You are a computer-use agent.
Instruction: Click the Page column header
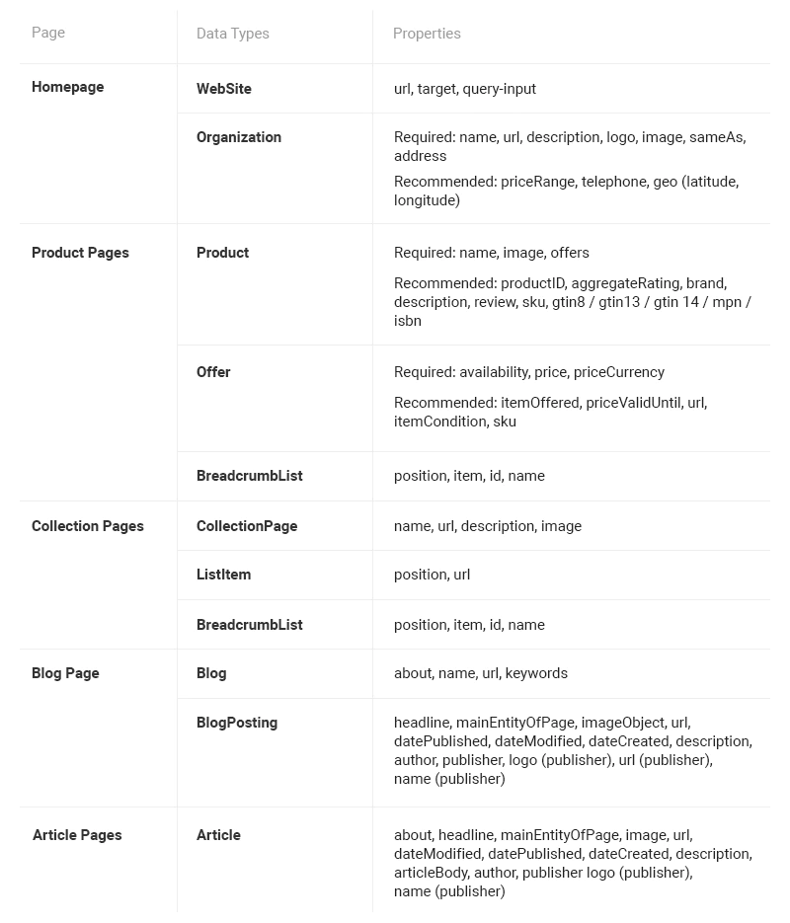coord(48,33)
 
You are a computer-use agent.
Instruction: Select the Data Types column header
coord(233,34)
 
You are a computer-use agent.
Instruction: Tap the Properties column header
coord(427,34)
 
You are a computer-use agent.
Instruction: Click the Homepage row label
coord(67,87)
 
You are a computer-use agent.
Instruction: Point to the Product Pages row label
coord(80,253)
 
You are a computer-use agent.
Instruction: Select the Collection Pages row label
coord(88,526)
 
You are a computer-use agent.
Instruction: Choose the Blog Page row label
coord(65,673)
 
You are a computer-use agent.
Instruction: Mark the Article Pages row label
coord(77,835)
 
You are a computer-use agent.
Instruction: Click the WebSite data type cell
coord(224,89)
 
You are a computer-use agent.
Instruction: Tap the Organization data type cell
coord(239,137)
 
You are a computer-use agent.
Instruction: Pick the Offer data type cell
coord(213,372)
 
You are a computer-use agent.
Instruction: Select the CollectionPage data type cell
coord(247,526)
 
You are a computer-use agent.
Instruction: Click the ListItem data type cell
coord(223,575)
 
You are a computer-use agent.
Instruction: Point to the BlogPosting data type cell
coord(237,723)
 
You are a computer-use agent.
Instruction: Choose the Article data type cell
coord(218,835)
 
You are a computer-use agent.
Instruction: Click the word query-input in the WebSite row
coord(499,89)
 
